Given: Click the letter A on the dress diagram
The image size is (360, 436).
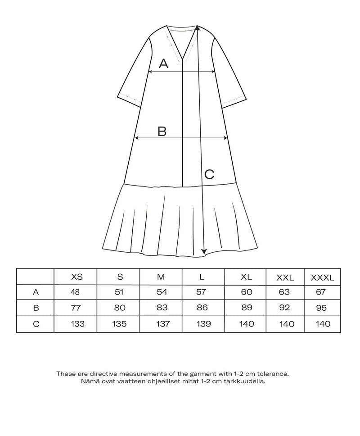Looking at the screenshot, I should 163,64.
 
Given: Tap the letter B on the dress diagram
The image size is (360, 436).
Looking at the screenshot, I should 162,131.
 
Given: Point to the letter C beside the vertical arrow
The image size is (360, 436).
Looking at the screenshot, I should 209,174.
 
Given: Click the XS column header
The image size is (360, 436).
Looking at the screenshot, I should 77,277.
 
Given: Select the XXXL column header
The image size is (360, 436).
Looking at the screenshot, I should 323,278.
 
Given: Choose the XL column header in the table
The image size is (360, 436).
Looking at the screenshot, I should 247,277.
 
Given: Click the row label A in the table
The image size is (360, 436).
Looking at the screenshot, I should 36,292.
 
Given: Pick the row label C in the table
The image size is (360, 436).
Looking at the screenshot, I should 36,323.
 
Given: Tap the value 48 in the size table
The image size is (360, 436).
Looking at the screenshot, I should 75,292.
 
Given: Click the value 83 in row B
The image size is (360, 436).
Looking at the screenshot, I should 162,308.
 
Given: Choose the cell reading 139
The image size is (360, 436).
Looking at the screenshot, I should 204,323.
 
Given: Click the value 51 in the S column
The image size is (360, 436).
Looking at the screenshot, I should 119,292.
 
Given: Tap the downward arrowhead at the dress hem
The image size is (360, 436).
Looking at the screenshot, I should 204,252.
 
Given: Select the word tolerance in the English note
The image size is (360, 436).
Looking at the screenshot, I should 271,374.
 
